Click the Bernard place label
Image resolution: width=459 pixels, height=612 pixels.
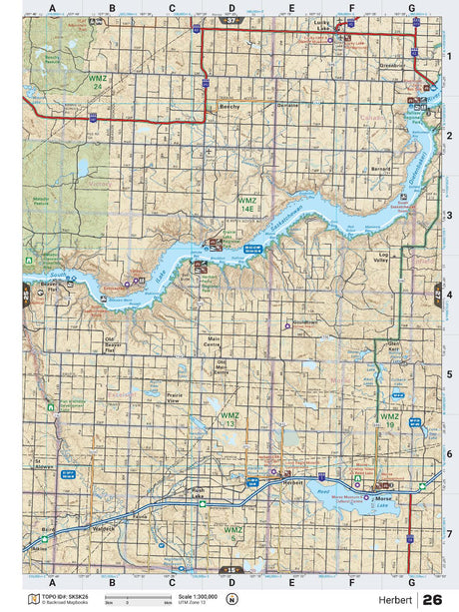(380, 169)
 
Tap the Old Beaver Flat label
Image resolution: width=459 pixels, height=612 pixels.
(113, 345)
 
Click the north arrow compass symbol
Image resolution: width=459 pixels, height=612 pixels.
(232, 599)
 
